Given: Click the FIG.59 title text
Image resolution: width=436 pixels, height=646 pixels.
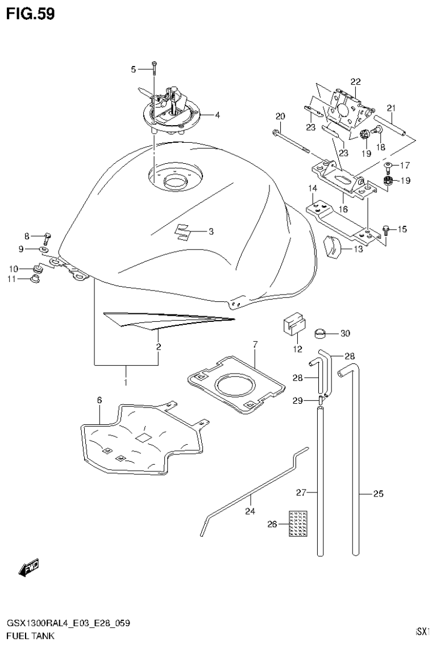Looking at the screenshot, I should (x=31, y=14).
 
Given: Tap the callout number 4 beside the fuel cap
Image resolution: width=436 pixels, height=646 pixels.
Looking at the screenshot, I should (x=217, y=115).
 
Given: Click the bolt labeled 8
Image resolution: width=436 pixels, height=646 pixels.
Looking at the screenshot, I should (x=47, y=237).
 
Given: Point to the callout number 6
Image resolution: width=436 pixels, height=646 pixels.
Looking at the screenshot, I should (x=99, y=400).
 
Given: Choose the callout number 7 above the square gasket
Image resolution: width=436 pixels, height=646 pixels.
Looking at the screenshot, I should (x=255, y=344).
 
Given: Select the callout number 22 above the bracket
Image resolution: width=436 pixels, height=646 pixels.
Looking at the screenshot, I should (x=355, y=81).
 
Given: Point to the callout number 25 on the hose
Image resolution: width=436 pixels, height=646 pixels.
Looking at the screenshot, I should (x=378, y=494).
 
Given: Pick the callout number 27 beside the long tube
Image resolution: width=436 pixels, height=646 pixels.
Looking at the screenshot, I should (x=301, y=492).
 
